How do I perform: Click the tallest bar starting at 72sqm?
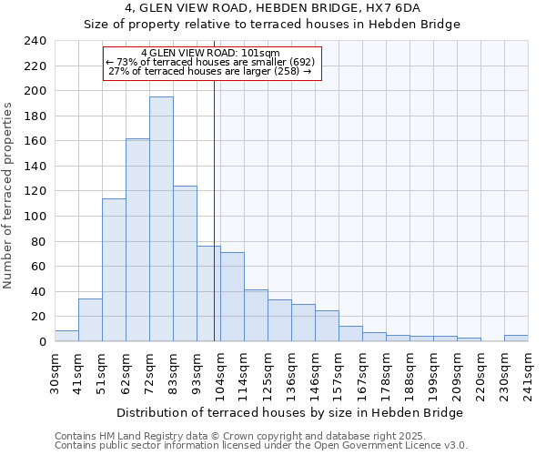(x=161, y=218)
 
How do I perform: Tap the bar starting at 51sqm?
(x=114, y=269)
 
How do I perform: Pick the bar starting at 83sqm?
(x=185, y=263)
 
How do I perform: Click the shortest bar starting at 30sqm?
(x=66, y=336)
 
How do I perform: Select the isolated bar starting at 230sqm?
(x=516, y=338)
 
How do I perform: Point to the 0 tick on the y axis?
(x=42, y=341)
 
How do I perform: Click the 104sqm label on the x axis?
(x=220, y=373)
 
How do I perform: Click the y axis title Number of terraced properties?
(x=8, y=196)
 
